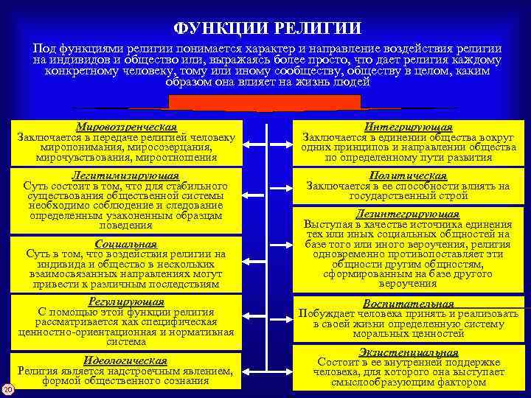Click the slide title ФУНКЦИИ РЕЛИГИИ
[268, 28]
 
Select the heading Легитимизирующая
[125, 176]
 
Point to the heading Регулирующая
[125, 301]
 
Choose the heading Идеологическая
[125, 360]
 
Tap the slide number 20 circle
[7, 388]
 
